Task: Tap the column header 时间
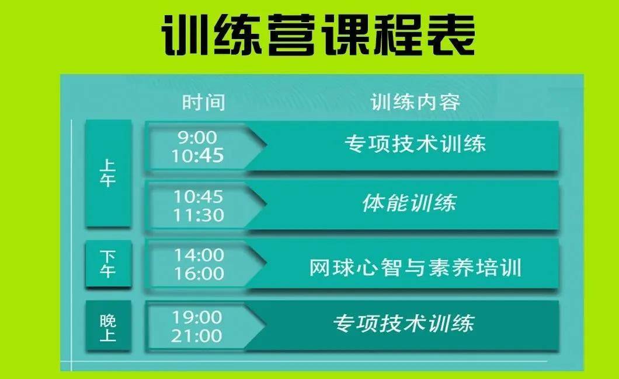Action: (x=203, y=103)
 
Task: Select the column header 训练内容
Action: (x=415, y=103)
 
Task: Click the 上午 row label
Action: (x=108, y=173)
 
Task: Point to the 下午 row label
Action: (x=108, y=264)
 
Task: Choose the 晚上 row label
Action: (x=108, y=327)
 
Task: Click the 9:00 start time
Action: (x=197, y=137)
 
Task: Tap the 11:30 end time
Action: (x=198, y=215)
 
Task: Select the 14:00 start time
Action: (x=198, y=255)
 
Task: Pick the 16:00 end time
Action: (x=198, y=273)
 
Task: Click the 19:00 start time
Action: (x=197, y=318)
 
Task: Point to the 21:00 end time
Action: (x=197, y=336)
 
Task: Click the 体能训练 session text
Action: (x=408, y=203)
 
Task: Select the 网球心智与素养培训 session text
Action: (x=415, y=268)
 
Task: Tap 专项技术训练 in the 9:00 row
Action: (x=415, y=143)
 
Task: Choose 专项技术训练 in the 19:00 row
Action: (x=403, y=324)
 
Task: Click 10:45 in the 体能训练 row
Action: (x=198, y=197)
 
